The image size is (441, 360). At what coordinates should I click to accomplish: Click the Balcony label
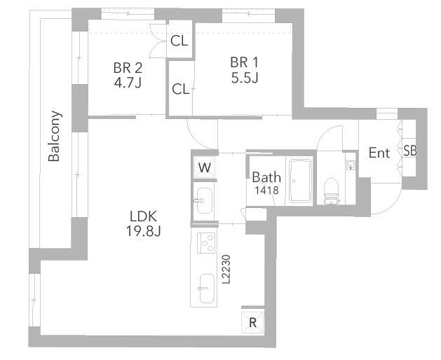click(x=54, y=137)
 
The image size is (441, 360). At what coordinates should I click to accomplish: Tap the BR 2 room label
click(x=128, y=68)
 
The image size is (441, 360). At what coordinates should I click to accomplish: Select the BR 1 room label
click(x=244, y=62)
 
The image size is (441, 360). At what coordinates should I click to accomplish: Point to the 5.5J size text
click(x=245, y=78)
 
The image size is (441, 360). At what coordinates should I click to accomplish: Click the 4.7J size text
click(x=128, y=83)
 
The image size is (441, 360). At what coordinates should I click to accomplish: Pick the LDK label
click(x=144, y=216)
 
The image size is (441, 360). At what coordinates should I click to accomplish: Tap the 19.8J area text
click(x=144, y=232)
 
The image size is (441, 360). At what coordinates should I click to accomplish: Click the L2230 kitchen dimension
click(x=226, y=269)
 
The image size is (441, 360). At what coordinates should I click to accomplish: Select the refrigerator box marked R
click(x=252, y=321)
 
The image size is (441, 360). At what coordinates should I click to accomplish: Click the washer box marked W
click(x=205, y=167)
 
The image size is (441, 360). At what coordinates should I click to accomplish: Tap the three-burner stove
click(x=206, y=243)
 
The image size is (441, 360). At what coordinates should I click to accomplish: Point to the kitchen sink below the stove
click(x=207, y=289)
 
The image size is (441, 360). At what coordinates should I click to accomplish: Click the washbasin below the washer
click(x=203, y=200)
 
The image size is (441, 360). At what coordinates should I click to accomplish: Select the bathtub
click(x=301, y=181)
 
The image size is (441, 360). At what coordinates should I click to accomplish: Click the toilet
click(x=331, y=191)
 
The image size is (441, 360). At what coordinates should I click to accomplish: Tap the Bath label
click(x=266, y=177)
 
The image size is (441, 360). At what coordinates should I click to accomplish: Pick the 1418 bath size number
click(x=266, y=191)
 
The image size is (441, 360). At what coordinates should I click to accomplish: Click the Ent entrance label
click(x=379, y=153)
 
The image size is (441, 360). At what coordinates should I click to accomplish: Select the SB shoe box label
click(x=409, y=151)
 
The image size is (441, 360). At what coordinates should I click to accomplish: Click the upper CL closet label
click(x=179, y=41)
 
